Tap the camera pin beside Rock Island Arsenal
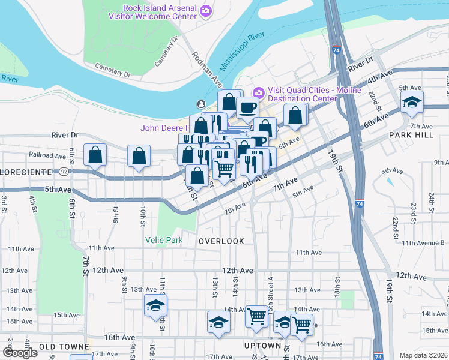click(x=206, y=10)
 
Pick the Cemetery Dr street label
click(x=112, y=71)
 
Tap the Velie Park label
click(x=164, y=240)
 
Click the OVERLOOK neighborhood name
click(x=221, y=241)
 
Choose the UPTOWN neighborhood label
click(x=263, y=346)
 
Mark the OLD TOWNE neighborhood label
click(x=60, y=347)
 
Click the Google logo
click(x=20, y=353)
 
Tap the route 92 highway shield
click(x=63, y=172)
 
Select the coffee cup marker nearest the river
click(x=247, y=107)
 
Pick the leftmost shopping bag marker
click(x=95, y=155)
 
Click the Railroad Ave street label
click(x=47, y=155)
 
